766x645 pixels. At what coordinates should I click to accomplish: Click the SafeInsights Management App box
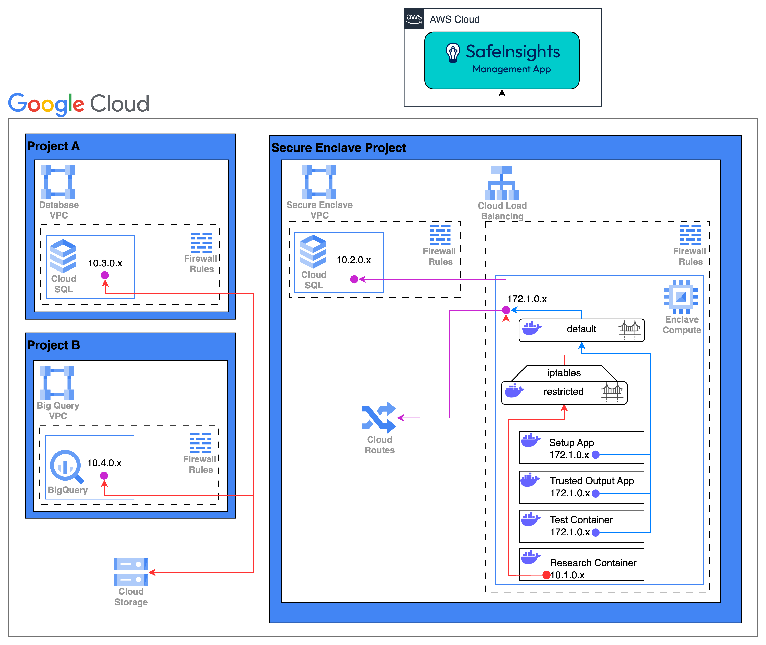(x=502, y=60)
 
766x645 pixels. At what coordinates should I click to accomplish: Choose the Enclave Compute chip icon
(x=681, y=297)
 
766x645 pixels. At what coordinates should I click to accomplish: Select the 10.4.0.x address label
(x=104, y=463)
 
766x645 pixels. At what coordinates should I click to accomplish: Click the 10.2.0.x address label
(x=354, y=260)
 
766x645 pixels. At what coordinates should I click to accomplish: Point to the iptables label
(x=564, y=373)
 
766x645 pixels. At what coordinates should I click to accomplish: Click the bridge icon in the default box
(x=629, y=329)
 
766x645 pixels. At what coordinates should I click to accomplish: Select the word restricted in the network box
(x=564, y=392)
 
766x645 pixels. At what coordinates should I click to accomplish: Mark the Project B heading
(x=53, y=345)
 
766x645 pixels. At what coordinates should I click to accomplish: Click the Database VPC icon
(x=58, y=182)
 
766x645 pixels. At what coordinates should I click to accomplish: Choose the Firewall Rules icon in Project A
(x=201, y=243)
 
